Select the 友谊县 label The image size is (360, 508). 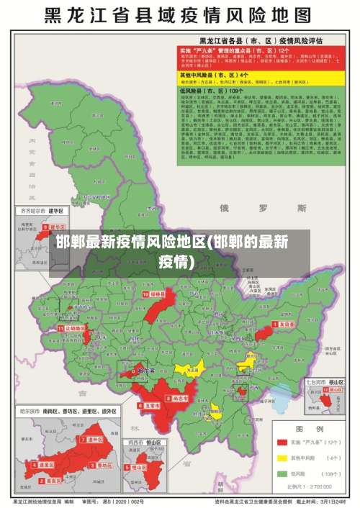tap(287, 325)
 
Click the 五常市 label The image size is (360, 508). tap(150, 406)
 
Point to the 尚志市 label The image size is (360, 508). tap(179, 397)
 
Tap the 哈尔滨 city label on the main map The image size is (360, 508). tap(145, 371)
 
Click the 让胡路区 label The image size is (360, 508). tap(71, 327)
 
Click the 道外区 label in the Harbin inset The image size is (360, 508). tap(94, 438)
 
